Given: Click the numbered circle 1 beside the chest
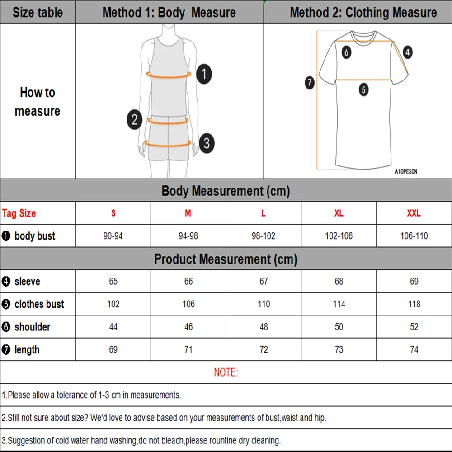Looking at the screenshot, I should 204,74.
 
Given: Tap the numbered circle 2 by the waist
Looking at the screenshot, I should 134,120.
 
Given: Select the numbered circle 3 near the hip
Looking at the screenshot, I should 206,143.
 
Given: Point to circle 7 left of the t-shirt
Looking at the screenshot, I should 310,83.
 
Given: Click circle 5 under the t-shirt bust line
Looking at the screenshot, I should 364,89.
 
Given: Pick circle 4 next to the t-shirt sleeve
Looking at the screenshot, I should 408,52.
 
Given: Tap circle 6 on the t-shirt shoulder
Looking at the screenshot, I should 346,52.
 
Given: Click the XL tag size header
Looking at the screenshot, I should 339,213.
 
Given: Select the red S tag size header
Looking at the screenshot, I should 113,213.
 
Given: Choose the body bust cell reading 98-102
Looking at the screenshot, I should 264,236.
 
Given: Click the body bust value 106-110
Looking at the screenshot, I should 414,236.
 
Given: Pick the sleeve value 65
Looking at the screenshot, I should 113,282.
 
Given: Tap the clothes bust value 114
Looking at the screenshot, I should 339,304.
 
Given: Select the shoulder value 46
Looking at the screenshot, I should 188,327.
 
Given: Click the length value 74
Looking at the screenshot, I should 414,349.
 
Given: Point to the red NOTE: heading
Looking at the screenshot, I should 226,372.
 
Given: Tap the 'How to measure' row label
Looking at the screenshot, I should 38,102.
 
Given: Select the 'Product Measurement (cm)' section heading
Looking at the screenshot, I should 226,259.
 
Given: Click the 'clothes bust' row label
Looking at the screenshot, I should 39,304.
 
